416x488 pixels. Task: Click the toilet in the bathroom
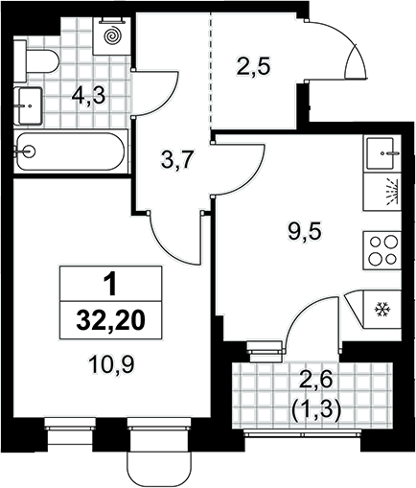[x=36, y=60]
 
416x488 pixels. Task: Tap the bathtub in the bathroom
[x=71, y=151]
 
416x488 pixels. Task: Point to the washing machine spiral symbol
[x=112, y=35]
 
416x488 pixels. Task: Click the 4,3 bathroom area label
[x=88, y=96]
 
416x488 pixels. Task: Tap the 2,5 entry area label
[x=253, y=66]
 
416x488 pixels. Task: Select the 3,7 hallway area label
[x=176, y=160]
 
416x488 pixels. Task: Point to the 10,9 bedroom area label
[x=111, y=364]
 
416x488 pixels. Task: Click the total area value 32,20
[x=111, y=320]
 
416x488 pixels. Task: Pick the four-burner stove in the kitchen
[x=381, y=250]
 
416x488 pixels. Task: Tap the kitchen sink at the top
[x=382, y=153]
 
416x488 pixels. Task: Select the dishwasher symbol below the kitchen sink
[x=391, y=192]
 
